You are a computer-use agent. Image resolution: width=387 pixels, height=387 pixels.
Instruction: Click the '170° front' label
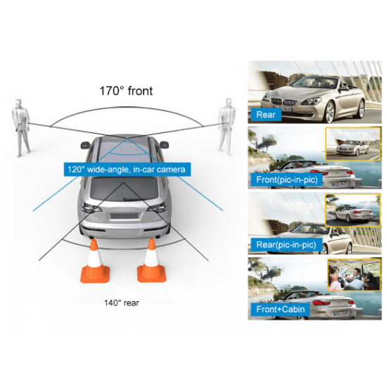pos(126,91)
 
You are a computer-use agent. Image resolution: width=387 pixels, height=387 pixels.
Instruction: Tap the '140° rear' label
pos(122,303)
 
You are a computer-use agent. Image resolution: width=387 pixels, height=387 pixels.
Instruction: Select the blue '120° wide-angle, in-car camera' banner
pos(127,170)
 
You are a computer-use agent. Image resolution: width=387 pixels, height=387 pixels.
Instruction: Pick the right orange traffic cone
pos(151,261)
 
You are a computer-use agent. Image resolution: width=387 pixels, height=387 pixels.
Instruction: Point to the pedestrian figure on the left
pos(20,127)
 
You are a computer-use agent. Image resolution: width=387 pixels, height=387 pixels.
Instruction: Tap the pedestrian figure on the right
pos(227,127)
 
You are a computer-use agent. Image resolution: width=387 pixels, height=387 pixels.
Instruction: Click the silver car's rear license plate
pos(124,216)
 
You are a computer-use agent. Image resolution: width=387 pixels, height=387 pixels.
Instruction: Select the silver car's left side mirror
pos(86,145)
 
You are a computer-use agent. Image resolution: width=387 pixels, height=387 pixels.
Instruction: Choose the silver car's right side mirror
pos(164,144)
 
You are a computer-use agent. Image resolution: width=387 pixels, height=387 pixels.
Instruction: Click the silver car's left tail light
pos(90,208)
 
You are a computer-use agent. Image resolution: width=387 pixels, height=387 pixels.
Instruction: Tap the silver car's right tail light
pos(157,208)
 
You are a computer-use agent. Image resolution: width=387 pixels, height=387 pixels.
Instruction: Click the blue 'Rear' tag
pos(266,115)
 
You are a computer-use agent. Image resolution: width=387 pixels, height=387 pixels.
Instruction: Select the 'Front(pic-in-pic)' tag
pos(287,179)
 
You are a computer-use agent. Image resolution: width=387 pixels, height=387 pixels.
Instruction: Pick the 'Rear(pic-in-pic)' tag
pos(286,245)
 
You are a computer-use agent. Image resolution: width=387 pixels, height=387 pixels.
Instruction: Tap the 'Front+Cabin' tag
pos(280,310)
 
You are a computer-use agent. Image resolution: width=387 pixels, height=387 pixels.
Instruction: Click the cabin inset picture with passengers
pos(354,274)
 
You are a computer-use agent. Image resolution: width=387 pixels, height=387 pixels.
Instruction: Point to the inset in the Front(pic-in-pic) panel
pos(353,144)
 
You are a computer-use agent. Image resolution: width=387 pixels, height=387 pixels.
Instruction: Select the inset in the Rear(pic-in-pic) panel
pos(353,210)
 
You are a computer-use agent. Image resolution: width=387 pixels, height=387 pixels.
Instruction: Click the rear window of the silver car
pos(124,188)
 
